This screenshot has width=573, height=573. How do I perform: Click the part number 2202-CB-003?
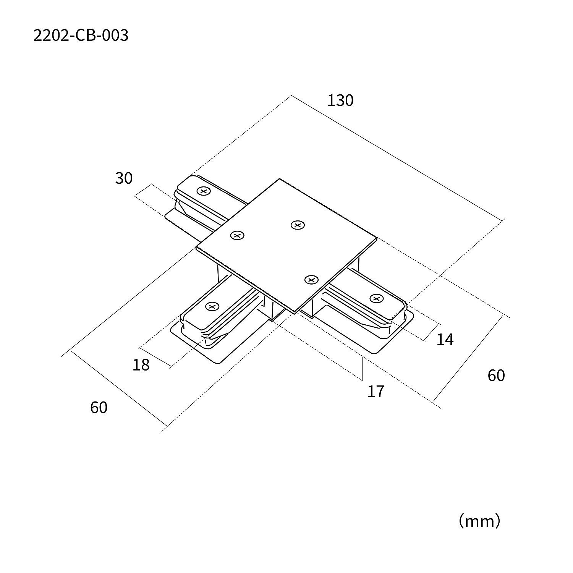coord(81,36)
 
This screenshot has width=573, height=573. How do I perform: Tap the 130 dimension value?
coord(340,100)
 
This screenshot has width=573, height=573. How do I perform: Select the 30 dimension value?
coord(124,178)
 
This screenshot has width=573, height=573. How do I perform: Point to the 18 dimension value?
coord(141,365)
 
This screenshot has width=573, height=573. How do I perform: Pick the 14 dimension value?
coord(445,340)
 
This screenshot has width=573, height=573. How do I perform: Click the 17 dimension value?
coord(376,392)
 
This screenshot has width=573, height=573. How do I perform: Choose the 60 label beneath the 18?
coord(99,408)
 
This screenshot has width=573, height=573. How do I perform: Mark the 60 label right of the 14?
coord(496,376)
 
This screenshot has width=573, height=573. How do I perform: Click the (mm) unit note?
coord(479,521)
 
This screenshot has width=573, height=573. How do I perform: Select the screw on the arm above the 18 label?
coord(212,306)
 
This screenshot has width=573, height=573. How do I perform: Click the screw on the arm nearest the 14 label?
coord(377,298)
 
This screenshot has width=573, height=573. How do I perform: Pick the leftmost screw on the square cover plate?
coord(237,236)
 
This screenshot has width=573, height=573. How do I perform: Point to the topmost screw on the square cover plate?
coord(298,225)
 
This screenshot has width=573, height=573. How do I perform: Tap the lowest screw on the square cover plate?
coord(311,280)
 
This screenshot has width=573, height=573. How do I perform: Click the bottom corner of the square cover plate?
coord(295,313)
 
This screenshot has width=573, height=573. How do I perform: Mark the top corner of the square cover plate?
coord(280,179)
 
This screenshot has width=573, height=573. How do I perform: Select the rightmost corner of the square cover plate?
coord(377,238)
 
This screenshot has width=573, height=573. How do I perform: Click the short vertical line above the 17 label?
coord(362,368)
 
